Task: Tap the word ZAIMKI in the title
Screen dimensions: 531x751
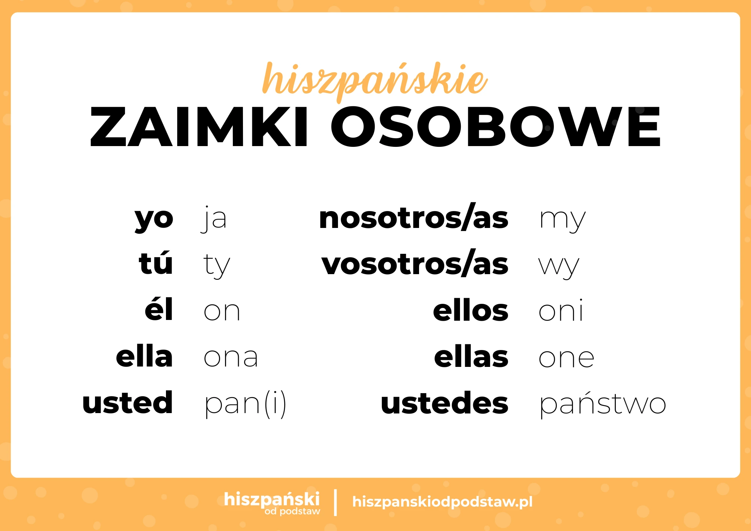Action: pos(199,127)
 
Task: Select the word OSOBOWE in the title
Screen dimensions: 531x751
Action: pos(495,127)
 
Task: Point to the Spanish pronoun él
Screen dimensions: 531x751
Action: pos(159,310)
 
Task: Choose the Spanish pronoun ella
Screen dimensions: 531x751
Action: pos(144,357)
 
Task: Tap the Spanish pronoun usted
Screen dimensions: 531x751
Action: pos(128,403)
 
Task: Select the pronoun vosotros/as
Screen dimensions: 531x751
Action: pos(415,264)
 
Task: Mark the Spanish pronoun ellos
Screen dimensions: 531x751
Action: pos(471,311)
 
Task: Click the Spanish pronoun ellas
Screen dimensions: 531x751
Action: pos(471,357)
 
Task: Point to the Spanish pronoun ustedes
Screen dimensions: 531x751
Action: pos(445,403)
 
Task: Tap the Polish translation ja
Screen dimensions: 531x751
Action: pos(214,219)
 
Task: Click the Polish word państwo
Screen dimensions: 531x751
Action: pos(603,404)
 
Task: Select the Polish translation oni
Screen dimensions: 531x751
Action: pos(561,311)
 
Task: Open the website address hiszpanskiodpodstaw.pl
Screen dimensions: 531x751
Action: pos(442,502)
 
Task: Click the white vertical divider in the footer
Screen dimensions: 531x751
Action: pos(335,502)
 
